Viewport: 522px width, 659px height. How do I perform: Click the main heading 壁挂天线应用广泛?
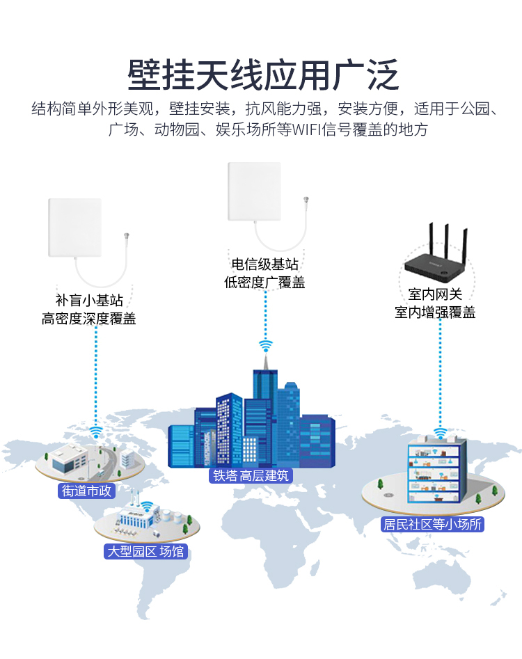(263, 76)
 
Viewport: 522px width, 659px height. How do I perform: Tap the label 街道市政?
(86, 491)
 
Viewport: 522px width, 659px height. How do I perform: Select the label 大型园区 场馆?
(146, 551)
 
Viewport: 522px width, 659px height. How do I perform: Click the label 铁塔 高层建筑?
(251, 475)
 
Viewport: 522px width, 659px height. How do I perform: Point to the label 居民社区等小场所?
(432, 524)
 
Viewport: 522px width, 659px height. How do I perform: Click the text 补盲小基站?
(89, 300)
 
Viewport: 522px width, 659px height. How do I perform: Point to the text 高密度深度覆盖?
(88, 319)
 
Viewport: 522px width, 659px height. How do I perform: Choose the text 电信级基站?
(264, 264)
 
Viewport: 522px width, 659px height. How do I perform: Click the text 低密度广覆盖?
(264, 282)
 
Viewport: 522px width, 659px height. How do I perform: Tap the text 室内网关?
(435, 294)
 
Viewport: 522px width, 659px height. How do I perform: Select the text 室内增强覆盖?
(435, 312)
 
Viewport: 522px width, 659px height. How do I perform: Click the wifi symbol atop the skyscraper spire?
(266, 346)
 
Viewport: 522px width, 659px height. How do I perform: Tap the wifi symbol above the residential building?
(440, 433)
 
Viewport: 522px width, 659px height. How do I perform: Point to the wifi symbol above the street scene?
(96, 431)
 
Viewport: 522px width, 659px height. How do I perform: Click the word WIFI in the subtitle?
(306, 129)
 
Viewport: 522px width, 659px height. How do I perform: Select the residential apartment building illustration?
(437, 470)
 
